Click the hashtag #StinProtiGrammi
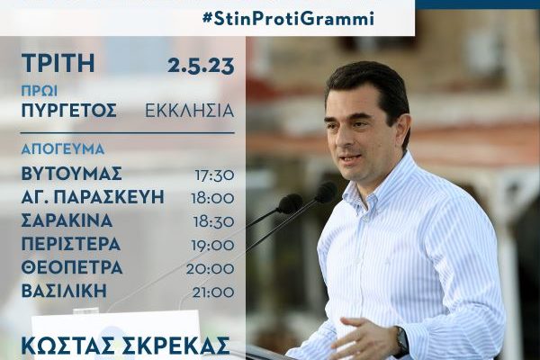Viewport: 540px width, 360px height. click(x=289, y=18)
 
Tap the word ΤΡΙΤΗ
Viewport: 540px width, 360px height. click(x=58, y=63)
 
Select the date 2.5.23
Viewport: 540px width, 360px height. click(x=201, y=66)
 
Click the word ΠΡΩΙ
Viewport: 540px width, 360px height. click(x=40, y=91)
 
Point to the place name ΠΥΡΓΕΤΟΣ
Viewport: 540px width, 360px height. click(x=69, y=111)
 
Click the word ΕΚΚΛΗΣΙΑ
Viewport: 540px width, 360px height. click(x=189, y=111)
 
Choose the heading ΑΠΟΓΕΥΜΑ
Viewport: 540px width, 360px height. click(x=63, y=148)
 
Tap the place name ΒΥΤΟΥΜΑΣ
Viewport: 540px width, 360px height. click(x=72, y=174)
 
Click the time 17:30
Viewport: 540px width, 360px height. click(x=214, y=175)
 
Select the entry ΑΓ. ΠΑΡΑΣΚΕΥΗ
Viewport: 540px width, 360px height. click(x=93, y=197)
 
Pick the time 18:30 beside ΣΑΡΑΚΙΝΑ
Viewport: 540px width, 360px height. click(x=214, y=222)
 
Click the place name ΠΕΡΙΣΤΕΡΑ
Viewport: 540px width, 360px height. click(x=71, y=244)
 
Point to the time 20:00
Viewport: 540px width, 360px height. click(x=210, y=269)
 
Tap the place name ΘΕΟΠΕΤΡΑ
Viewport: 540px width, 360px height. click(x=72, y=267)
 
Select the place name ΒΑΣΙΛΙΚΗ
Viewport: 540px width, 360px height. click(x=65, y=291)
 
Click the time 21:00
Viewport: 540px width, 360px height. click(x=213, y=292)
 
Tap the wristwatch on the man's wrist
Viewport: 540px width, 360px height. click(x=401, y=339)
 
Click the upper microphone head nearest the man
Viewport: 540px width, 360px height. click(x=326, y=192)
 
